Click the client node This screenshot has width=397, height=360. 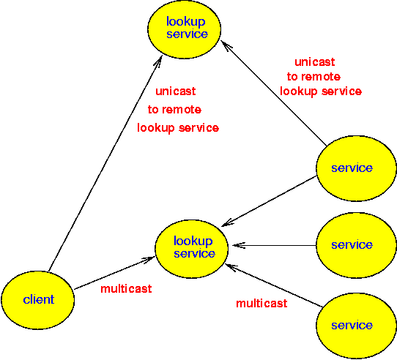[38, 300]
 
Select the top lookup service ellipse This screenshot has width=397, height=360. [185, 29]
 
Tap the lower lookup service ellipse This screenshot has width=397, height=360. [192, 249]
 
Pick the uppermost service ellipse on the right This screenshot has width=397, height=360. [356, 168]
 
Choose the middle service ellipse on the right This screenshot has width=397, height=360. [356, 245]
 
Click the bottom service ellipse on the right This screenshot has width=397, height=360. [356, 326]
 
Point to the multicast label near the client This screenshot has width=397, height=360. [126, 288]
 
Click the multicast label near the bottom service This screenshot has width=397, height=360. [261, 304]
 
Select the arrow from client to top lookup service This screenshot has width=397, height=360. [105, 164]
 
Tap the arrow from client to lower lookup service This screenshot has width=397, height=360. [114, 273]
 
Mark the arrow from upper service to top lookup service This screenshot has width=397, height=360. [274, 93]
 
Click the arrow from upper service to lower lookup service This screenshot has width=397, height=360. [269, 201]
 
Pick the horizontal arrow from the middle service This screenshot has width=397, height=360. [274, 245]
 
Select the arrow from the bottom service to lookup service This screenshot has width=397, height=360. [274, 285]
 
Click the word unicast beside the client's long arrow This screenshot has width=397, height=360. [176, 91]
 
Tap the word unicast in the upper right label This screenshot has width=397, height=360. [315, 62]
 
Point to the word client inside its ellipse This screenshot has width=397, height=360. [39, 299]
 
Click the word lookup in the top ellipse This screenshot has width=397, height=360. [185, 22]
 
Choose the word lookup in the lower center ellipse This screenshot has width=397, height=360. [193, 241]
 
